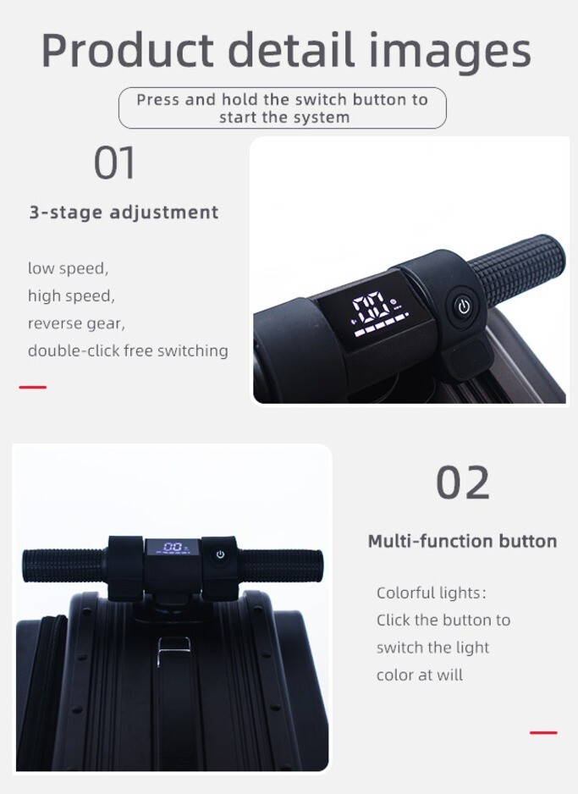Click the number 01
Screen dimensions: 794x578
115,163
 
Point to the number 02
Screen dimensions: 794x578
462,483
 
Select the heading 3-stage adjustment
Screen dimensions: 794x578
124,212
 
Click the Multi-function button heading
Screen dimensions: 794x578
462,541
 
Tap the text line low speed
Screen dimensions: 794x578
69,268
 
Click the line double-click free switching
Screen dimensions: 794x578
128,350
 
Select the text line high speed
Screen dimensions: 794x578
71,296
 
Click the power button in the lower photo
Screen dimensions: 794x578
221,554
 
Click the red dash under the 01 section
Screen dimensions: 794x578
33,387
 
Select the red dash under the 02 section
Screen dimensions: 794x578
543,732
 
